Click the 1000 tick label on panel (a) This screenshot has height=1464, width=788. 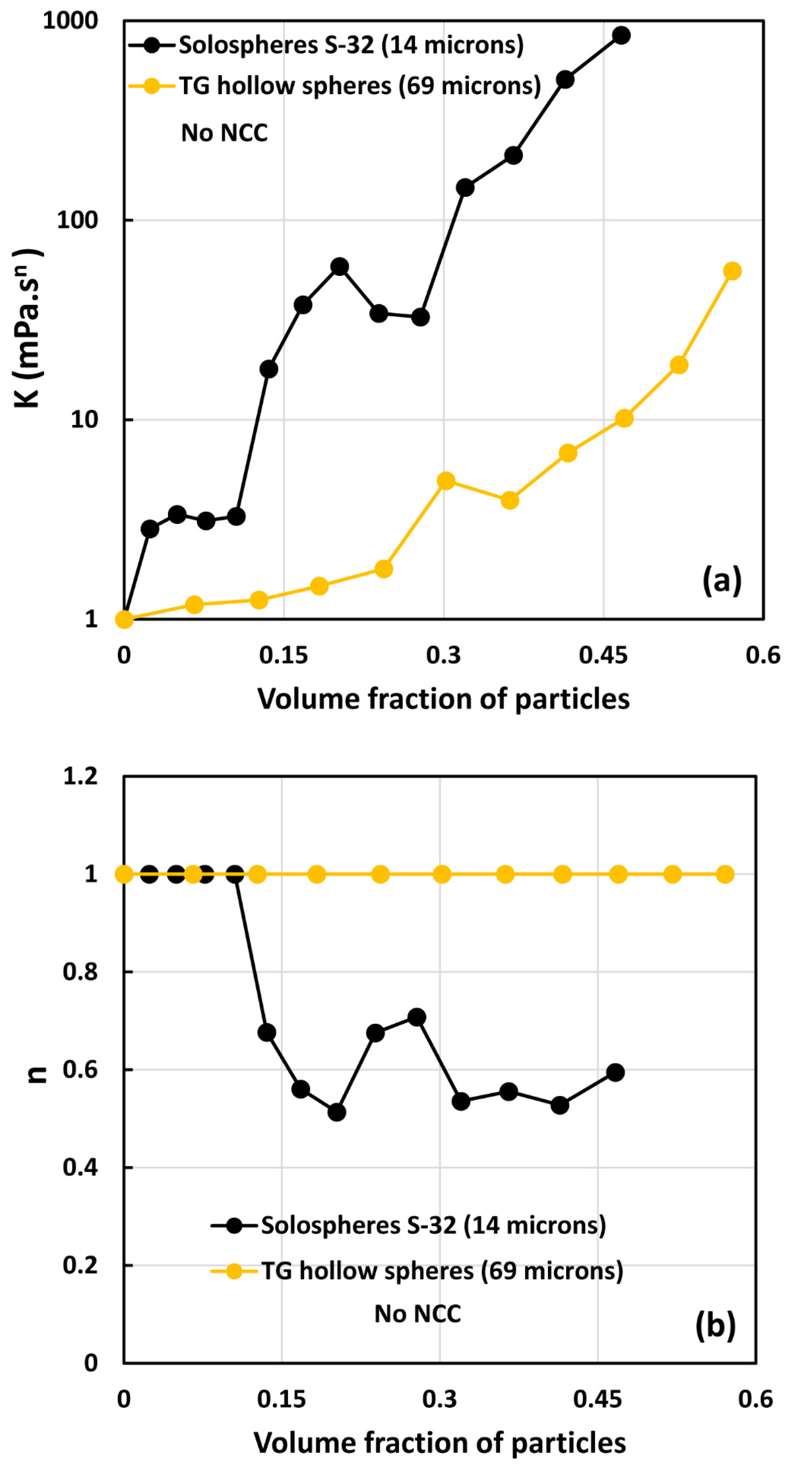[x=70, y=21]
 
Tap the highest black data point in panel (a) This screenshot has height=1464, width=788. [x=621, y=35]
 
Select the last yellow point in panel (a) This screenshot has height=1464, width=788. [x=732, y=271]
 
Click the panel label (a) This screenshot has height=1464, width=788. [x=722, y=580]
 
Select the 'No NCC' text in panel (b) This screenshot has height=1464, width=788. [x=418, y=1313]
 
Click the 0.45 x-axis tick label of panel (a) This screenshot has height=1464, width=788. [x=603, y=655]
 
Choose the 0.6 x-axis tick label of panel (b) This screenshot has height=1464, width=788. [x=755, y=1399]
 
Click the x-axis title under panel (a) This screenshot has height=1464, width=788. [x=443, y=699]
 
